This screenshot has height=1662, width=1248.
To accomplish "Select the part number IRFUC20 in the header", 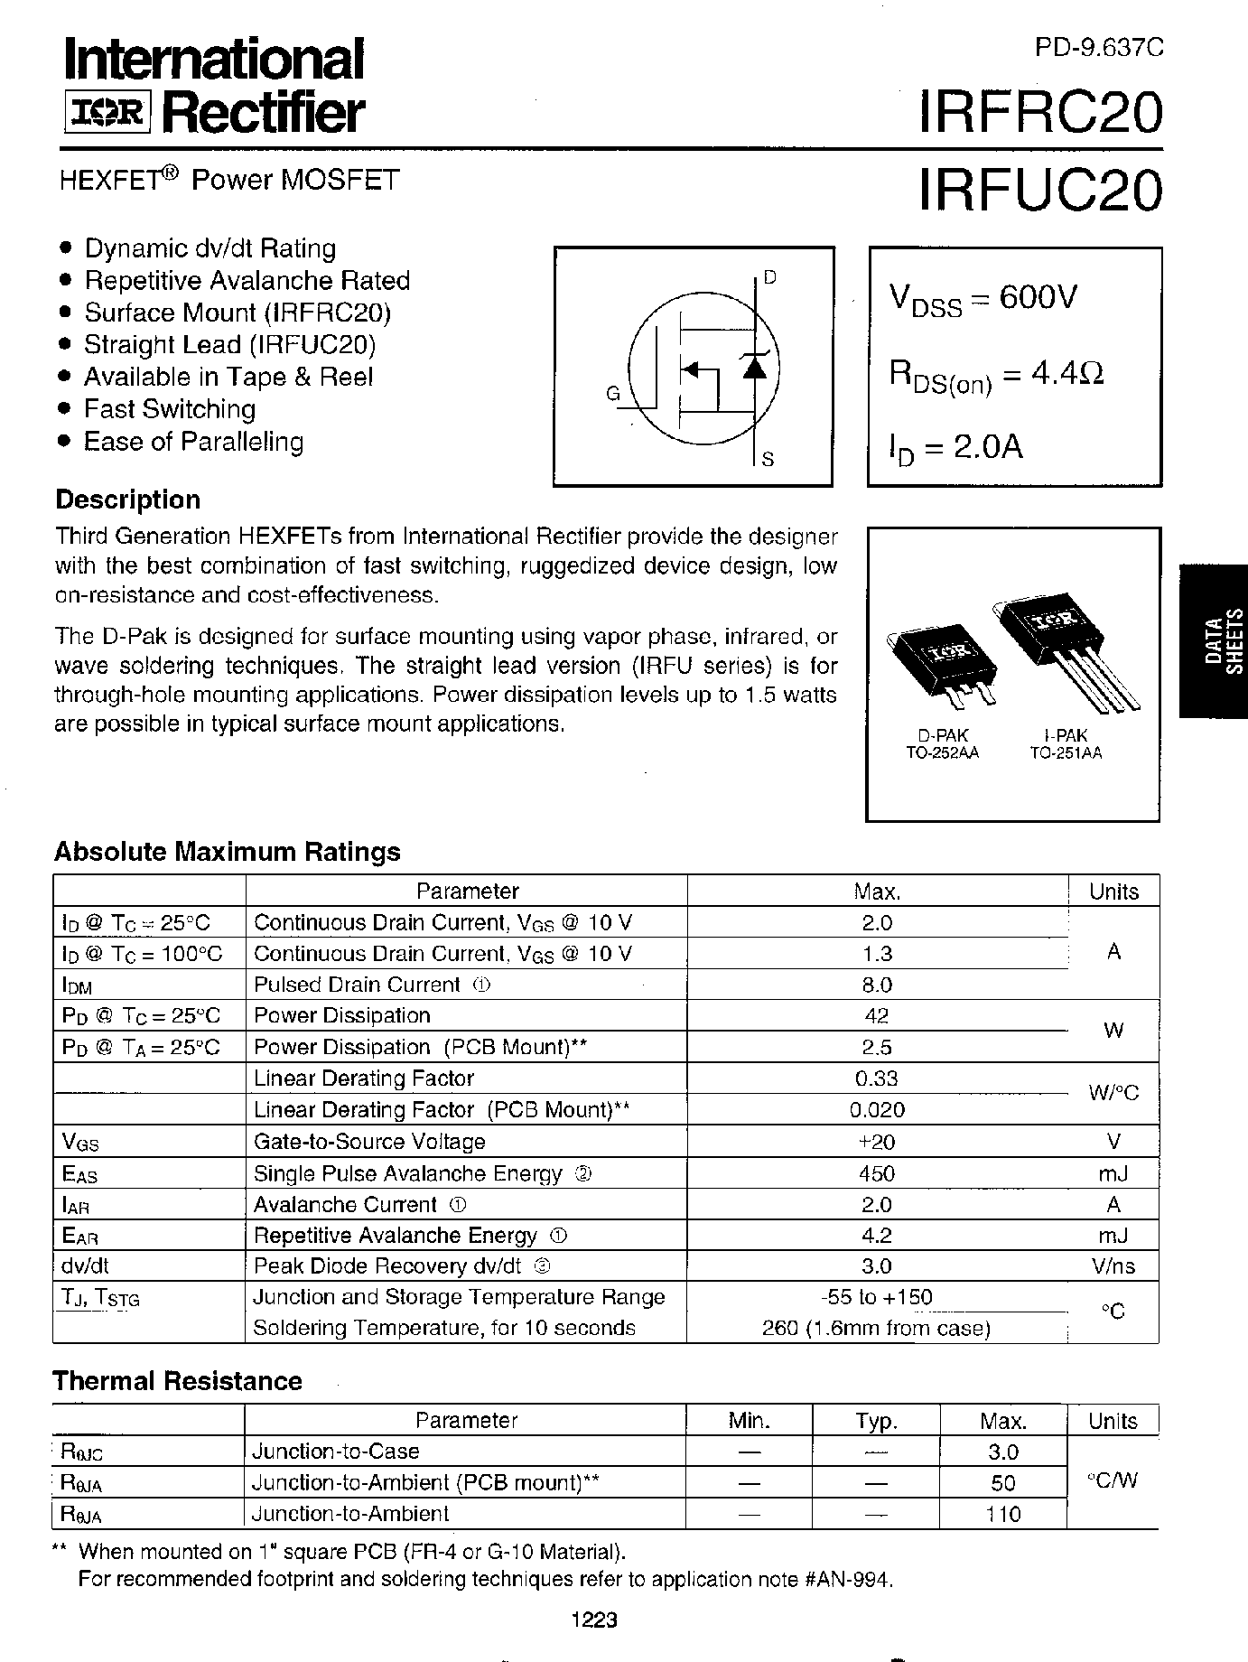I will click(x=1039, y=190).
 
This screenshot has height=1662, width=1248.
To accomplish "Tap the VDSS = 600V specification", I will click(x=983, y=299).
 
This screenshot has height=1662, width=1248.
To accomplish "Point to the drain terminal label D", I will click(x=769, y=277).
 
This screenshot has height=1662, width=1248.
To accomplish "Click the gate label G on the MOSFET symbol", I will click(x=613, y=394).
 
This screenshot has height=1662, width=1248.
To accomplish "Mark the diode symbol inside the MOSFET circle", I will click(x=755, y=365).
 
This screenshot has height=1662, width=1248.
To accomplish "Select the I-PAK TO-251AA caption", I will click(x=1066, y=744).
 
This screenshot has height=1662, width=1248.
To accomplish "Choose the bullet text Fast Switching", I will click(x=170, y=409).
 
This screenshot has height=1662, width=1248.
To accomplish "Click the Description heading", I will click(x=128, y=500).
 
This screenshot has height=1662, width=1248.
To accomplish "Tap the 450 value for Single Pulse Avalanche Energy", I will click(x=877, y=1173).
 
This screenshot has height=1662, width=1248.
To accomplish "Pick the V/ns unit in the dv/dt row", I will click(x=1113, y=1266).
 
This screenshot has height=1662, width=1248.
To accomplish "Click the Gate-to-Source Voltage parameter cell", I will click(x=369, y=1142).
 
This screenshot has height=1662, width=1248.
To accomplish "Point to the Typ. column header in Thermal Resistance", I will click(x=875, y=1421).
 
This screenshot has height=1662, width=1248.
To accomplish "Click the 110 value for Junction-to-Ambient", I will click(x=1002, y=1514).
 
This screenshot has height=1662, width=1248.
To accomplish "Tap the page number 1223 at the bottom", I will click(x=594, y=1620).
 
